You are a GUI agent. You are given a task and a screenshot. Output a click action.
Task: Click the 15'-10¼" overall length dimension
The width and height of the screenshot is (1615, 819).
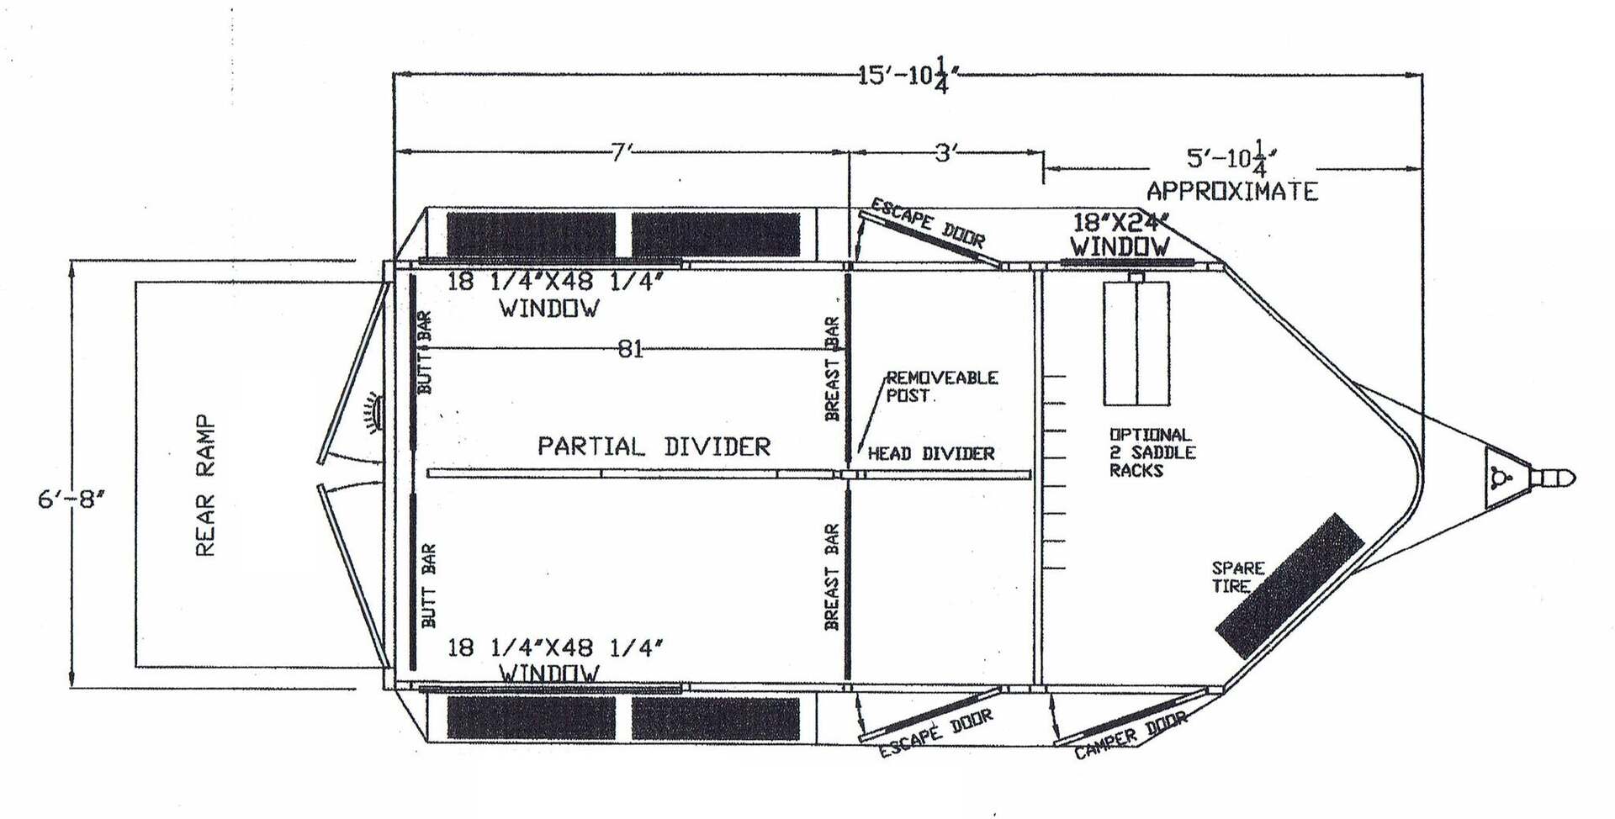coord(908,75)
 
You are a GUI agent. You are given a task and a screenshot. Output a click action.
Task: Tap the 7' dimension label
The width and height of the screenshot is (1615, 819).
coord(621,152)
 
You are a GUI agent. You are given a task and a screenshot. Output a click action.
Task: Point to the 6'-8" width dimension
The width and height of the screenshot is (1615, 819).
coord(71,499)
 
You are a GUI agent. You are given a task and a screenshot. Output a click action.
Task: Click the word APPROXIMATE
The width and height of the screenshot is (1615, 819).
coord(1232,191)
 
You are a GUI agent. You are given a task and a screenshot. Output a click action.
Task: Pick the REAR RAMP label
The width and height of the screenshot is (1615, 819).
coord(205,485)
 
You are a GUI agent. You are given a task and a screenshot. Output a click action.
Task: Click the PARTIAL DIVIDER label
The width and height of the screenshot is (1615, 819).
coord(654,446)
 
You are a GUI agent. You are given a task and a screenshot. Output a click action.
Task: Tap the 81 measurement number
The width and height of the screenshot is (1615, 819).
coord(631,348)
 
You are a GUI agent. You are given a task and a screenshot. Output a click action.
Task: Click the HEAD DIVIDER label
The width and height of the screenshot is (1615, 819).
coord(931,454)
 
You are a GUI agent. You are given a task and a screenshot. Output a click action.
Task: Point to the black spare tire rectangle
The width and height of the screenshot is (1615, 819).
coord(1289,585)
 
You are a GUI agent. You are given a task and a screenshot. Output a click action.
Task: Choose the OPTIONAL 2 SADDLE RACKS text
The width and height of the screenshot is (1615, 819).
coord(1152,452)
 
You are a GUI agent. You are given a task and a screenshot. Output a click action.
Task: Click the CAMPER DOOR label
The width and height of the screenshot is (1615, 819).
coord(1130,736)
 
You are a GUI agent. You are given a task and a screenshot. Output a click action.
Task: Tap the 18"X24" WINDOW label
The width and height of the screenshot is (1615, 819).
coord(1120,235)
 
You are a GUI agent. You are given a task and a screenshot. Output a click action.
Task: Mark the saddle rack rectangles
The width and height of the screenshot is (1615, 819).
coord(1136,343)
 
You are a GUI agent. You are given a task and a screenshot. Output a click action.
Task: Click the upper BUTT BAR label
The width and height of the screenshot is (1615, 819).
coord(425,352)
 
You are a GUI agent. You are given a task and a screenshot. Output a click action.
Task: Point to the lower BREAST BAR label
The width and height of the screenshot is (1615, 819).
coord(831,577)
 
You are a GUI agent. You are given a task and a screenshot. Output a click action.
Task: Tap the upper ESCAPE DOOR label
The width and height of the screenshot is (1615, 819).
coord(927,223)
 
